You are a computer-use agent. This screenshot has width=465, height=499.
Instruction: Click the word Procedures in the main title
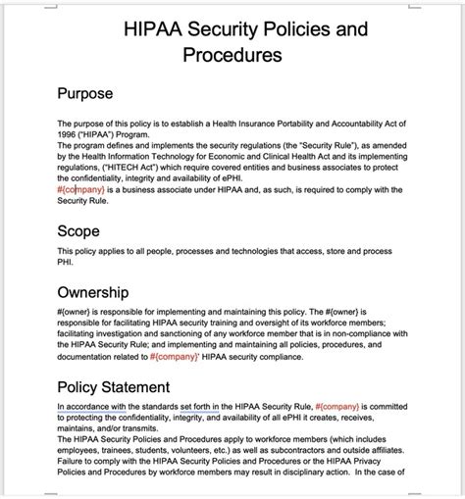[232, 56]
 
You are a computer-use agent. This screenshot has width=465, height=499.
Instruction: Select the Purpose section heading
[85, 94]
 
